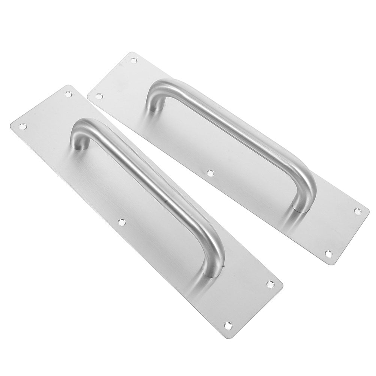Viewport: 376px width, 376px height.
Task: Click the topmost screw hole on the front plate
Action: point(68,94)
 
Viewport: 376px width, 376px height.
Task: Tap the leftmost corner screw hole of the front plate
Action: point(23,126)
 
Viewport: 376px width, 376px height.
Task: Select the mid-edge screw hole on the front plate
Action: point(122,222)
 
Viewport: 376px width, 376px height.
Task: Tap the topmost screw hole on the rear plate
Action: point(133,60)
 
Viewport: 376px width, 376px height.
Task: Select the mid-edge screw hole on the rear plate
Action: point(210,173)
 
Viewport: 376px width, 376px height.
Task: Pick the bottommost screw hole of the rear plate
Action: point(328,254)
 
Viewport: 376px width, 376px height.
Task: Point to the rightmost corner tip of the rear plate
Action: point(369,215)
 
